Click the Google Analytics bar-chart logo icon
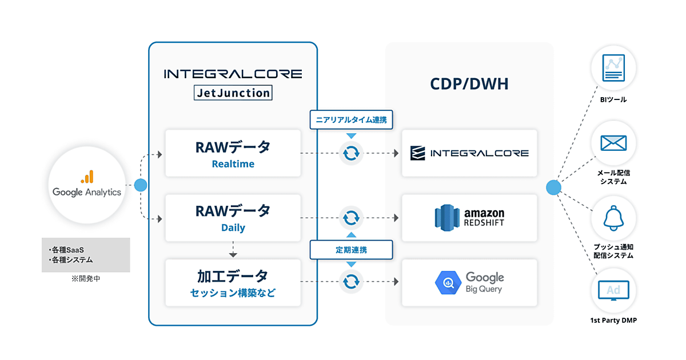coord(87,177)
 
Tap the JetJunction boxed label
coord(233,92)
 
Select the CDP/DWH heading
coord(469,85)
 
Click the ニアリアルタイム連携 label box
coord(351,120)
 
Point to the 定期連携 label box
coord(351,250)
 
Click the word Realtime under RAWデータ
coord(233,164)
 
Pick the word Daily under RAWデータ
coord(233,227)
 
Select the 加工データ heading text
coord(233,276)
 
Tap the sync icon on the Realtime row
coord(351,153)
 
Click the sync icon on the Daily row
coord(351,217)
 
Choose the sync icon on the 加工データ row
coord(351,281)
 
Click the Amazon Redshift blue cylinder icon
coord(447,217)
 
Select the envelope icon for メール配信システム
coord(613,143)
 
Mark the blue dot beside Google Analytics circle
coord(141,185)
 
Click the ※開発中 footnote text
coord(86,279)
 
